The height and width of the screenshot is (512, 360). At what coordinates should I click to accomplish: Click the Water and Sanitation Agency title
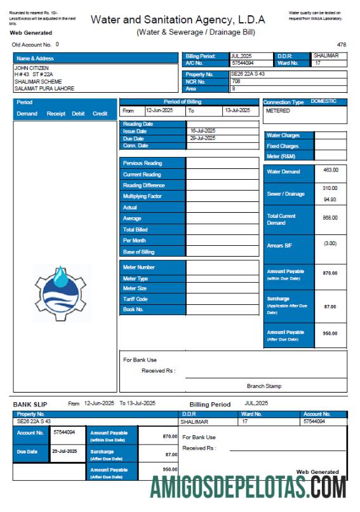178,20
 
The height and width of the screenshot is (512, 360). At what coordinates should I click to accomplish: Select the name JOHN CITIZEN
31,67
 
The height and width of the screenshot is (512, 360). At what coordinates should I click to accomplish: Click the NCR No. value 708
236,81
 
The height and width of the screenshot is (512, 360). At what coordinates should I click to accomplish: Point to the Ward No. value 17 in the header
317,63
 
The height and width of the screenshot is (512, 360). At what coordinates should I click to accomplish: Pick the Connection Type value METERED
277,111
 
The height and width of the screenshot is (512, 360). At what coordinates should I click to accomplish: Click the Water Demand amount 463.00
330,170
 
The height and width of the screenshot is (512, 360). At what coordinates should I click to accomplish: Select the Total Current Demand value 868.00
330,218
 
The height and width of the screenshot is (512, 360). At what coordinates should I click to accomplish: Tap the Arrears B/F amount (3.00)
330,243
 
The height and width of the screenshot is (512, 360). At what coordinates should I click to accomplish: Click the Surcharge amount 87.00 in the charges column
330,307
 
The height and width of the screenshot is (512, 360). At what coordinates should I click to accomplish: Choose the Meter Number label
139,267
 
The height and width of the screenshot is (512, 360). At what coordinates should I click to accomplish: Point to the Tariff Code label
135,299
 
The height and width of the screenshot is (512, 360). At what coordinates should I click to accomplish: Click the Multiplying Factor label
142,196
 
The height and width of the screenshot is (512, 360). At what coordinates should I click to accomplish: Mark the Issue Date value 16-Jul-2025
203,131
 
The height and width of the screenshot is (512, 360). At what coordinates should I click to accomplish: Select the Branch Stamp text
264,386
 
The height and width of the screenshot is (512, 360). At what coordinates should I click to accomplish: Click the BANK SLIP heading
30,404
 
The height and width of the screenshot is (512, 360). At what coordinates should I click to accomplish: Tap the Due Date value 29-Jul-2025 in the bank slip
64,452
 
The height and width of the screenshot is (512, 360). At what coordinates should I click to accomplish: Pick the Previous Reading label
142,163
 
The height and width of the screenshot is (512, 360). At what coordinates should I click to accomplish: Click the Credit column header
100,114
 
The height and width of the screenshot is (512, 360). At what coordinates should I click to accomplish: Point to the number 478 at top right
342,44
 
